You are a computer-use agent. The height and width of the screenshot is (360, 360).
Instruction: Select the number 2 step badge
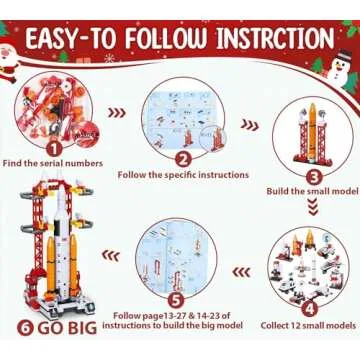(182, 157)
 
